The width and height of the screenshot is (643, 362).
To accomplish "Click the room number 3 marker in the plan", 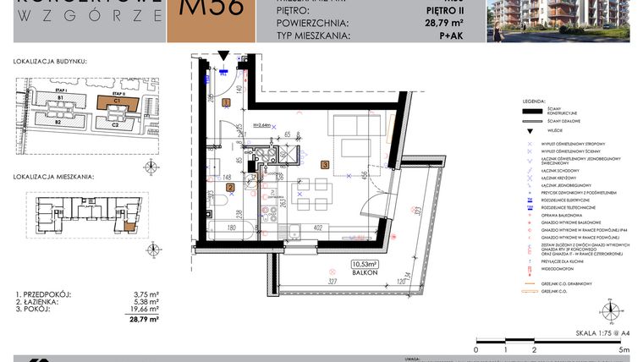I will [324, 165].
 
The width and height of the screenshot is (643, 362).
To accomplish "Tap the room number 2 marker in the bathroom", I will [230, 187].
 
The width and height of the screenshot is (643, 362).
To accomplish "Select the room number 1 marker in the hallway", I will [225, 102].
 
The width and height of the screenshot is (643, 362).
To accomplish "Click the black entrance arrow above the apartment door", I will [222, 56].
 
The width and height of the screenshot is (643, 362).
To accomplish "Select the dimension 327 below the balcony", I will [332, 281].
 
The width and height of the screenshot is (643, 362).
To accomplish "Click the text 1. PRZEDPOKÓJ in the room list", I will [41, 294].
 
